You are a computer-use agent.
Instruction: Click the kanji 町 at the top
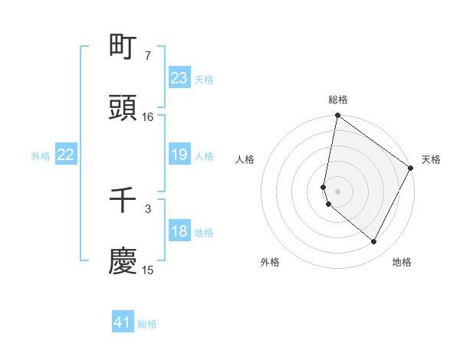click(123, 47)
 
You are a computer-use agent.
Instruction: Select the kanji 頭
click(123, 108)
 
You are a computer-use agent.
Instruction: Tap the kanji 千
click(123, 201)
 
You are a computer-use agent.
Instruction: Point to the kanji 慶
click(123, 261)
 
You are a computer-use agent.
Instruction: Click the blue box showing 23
click(179, 78)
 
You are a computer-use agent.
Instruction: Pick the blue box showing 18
click(179, 231)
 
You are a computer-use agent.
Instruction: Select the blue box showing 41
click(123, 322)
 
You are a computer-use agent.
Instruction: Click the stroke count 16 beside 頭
click(148, 116)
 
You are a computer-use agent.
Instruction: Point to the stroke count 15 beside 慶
click(148, 270)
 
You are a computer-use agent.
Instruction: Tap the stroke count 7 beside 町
click(148, 55)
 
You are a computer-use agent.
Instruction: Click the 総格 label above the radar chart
click(338, 100)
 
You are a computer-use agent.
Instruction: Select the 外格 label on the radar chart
click(270, 263)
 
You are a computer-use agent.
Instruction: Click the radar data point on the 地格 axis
click(374, 242)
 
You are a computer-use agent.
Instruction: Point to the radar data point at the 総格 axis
click(337, 116)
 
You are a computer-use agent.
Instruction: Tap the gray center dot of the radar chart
click(337, 191)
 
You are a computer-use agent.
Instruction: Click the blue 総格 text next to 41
click(147, 324)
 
